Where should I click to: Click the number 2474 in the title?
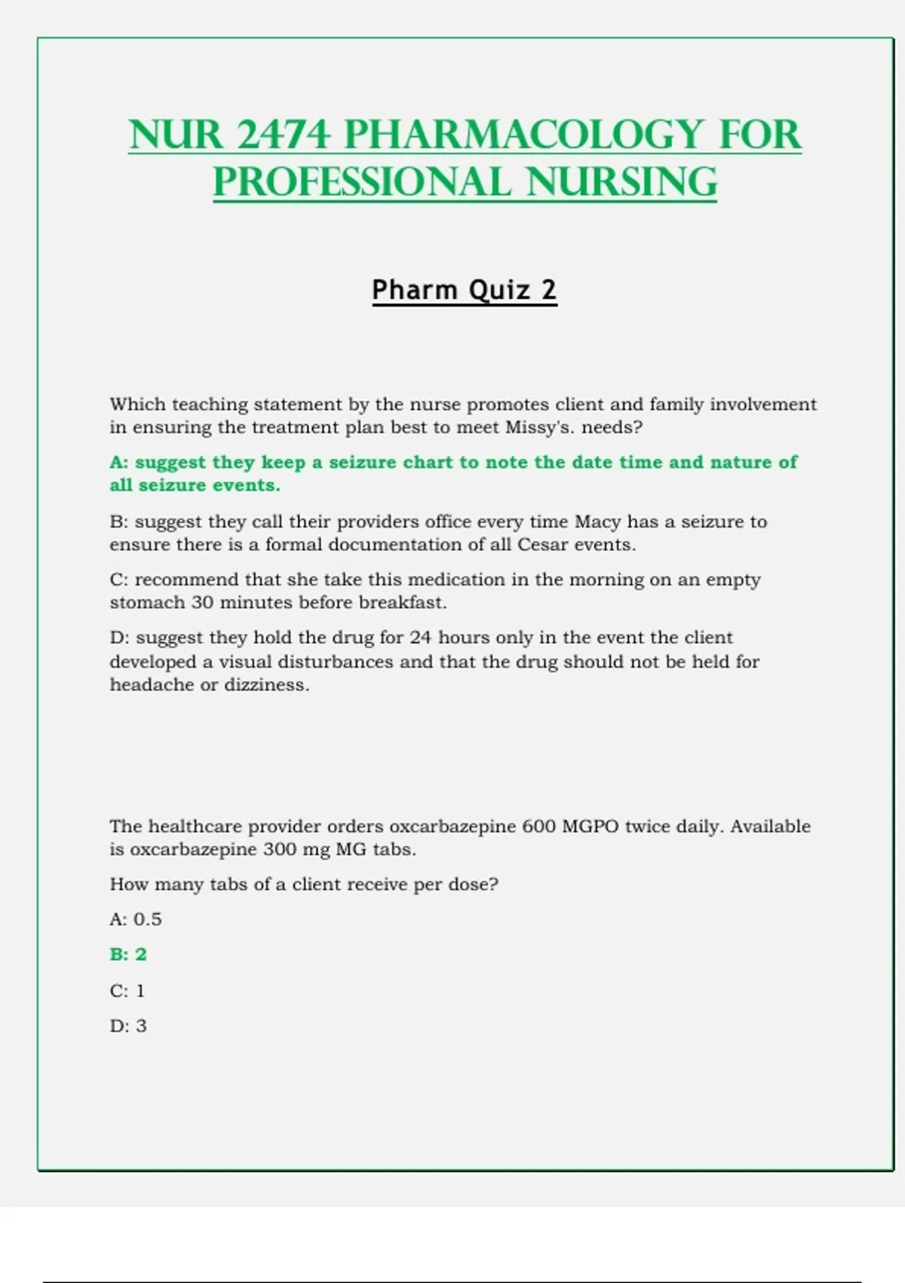[283, 134]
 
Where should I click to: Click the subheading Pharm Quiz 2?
[464, 290]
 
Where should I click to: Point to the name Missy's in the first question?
[539, 427]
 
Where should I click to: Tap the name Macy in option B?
[597, 522]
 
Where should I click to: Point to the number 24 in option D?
[421, 638]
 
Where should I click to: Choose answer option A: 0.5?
[136, 919]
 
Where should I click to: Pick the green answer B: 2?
[128, 955]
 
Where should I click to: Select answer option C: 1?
[127, 990]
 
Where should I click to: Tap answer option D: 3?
[128, 1026]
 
